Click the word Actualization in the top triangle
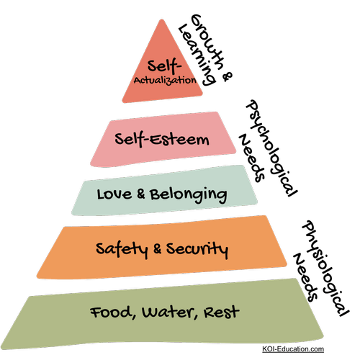click(165, 81)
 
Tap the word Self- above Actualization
click(164, 66)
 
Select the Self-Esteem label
click(162, 139)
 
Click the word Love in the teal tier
click(114, 194)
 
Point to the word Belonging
click(189, 195)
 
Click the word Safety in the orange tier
click(122, 249)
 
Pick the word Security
click(197, 249)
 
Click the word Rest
click(221, 312)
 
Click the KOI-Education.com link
click(293, 348)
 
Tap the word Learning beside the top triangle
click(196, 55)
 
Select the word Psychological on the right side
click(271, 148)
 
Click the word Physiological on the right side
click(325, 268)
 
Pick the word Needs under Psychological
click(251, 158)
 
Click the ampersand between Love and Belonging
click(141, 194)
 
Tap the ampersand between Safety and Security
click(157, 249)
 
